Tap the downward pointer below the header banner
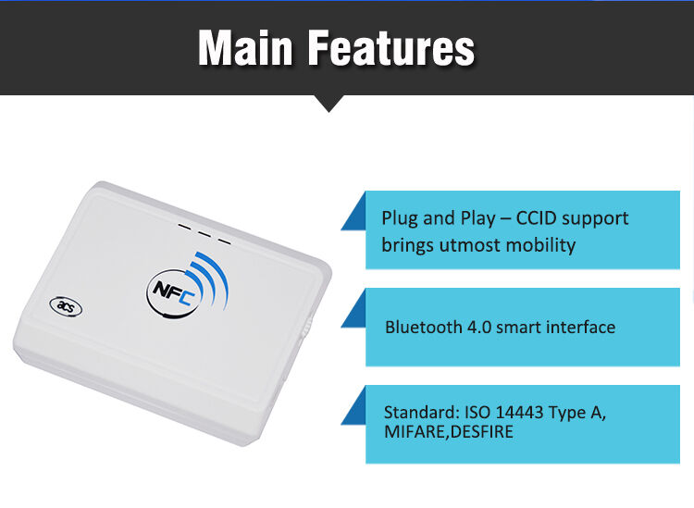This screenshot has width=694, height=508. (328, 103)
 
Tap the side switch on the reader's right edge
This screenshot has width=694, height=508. (311, 328)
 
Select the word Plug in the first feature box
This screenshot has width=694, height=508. (400, 219)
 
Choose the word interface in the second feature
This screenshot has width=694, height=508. (578, 327)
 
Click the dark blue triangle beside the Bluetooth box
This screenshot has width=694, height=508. (356, 311)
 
